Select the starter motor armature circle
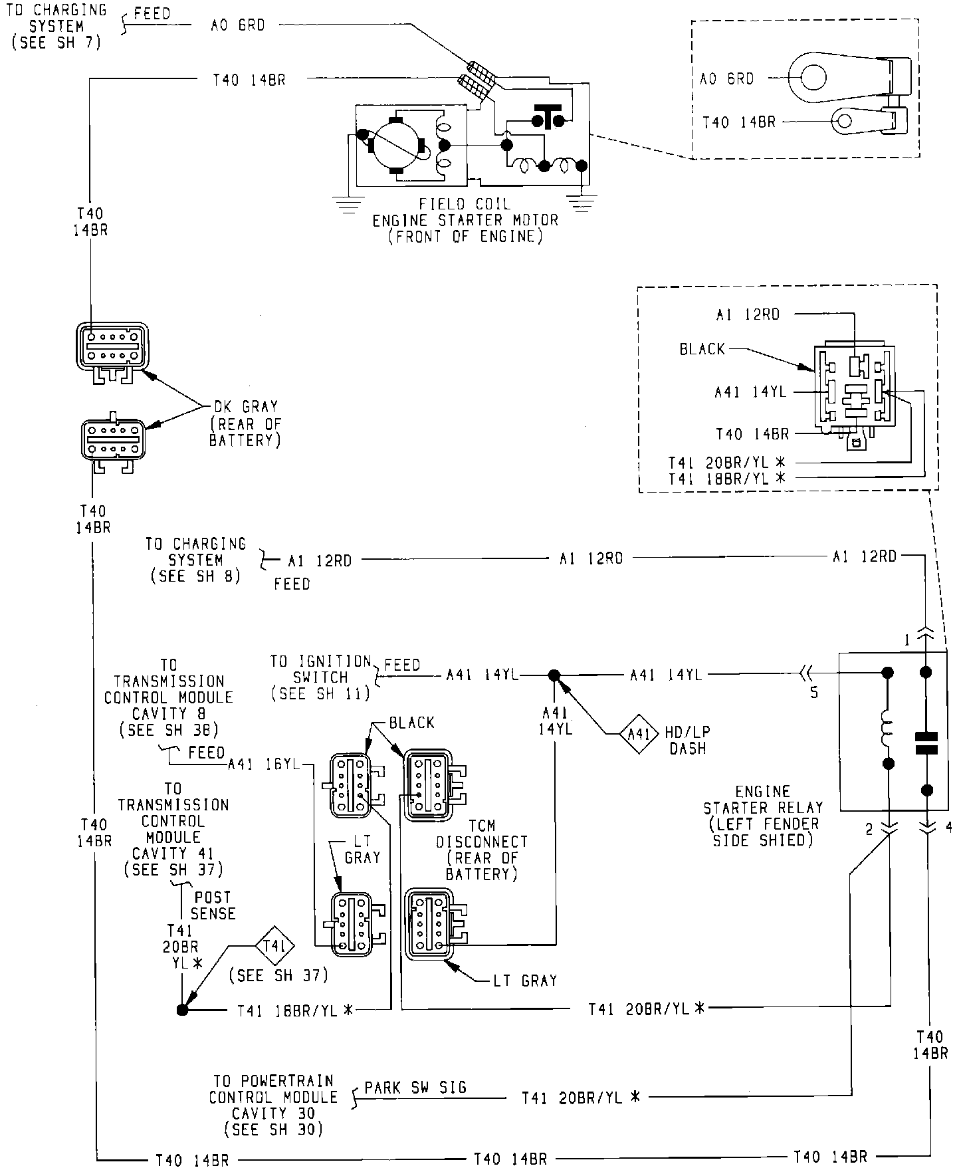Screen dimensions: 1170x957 pos(395,146)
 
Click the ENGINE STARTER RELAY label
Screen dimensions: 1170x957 pos(763,816)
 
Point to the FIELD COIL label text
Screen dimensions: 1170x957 pos(465,203)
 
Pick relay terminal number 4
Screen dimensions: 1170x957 pos(948,828)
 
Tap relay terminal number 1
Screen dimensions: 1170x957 pos(906,640)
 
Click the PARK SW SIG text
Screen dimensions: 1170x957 pos(415,1088)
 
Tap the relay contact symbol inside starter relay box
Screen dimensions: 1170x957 pos(926,744)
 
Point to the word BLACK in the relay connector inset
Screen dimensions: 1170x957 pos(702,349)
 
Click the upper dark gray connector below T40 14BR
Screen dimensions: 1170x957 pos(112,346)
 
